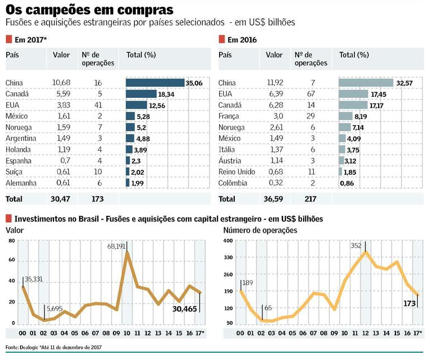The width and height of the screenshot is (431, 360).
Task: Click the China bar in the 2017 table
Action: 155,83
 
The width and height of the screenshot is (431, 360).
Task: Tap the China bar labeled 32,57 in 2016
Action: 366,83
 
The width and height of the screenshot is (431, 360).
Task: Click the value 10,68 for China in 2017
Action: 61,83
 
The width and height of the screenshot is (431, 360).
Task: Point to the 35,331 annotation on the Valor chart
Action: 37,279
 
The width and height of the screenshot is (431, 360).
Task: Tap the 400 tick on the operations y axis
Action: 228,241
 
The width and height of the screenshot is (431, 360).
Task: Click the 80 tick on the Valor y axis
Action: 11,241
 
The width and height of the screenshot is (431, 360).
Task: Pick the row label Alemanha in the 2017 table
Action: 21,183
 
